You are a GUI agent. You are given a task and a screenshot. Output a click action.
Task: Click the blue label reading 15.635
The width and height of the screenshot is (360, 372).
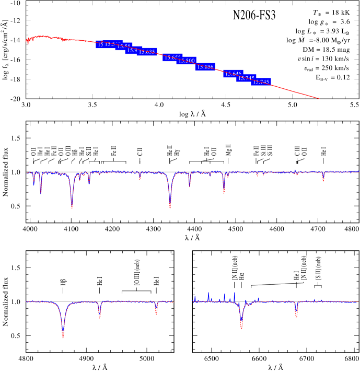coord(147,52)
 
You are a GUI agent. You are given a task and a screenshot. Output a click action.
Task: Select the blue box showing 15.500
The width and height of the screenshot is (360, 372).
coord(187,61)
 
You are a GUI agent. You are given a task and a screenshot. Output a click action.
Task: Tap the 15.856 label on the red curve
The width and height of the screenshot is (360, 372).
coord(205,67)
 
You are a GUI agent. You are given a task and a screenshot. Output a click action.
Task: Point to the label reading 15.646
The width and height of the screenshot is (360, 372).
coord(233,74)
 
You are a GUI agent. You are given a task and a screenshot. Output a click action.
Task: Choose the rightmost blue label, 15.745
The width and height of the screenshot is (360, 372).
coord(261,82)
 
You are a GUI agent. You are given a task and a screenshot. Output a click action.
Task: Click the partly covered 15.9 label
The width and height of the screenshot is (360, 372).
coord(132,50)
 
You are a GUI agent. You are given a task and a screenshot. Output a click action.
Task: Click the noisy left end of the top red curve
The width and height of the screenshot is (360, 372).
coord(28,41)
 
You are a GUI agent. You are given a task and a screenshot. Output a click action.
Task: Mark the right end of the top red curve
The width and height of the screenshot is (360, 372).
coord(319,98)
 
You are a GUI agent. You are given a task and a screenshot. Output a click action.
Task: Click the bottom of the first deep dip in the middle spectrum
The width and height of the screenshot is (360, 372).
coord(72,207)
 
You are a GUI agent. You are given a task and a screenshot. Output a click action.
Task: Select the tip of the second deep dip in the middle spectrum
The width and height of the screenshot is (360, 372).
coord(170,207)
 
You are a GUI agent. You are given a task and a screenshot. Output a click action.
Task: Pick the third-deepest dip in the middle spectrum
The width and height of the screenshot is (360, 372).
coord(224,192)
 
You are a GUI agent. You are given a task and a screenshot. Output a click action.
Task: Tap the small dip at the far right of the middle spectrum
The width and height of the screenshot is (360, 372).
coord(323,180)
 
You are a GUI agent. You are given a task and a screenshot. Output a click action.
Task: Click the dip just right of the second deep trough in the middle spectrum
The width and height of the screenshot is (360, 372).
coord(189,185)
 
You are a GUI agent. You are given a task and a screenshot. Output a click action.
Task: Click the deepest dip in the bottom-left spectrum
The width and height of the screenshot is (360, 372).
coord(63,336)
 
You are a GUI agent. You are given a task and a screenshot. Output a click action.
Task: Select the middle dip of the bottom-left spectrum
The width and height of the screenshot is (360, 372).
coord(99,317)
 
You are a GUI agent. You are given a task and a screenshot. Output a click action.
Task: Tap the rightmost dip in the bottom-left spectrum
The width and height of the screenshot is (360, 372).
coord(156,313)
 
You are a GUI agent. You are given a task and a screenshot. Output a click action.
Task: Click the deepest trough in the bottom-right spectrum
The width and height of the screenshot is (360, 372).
coord(241,327)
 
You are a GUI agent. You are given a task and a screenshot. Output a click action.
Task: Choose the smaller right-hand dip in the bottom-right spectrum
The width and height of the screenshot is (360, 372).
coord(296,316)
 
